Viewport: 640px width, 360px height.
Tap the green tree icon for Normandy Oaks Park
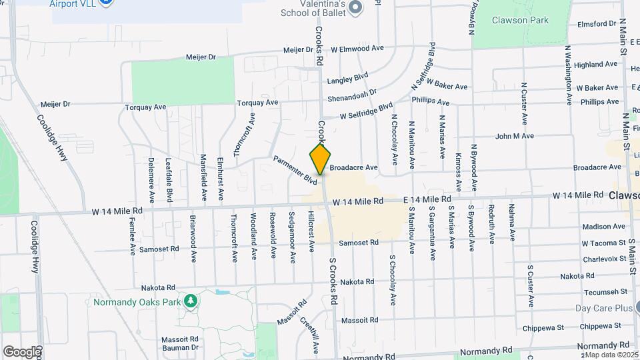tap(191, 301)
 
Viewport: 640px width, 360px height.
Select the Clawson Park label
tap(520, 20)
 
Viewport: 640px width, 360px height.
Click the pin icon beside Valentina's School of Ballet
tap(355, 8)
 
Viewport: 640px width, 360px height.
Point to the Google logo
tap(21, 351)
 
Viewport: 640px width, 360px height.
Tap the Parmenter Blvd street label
tap(295, 170)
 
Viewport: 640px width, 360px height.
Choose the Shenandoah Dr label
tap(352, 93)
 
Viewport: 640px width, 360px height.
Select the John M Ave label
tap(515, 136)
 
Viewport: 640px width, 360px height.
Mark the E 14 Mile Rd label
tap(427, 199)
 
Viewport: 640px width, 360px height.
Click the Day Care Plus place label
tap(604, 308)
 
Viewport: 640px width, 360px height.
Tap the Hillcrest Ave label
tap(311, 233)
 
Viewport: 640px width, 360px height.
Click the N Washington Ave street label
tap(568, 75)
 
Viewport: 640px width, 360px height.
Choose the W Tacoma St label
tap(603, 243)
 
